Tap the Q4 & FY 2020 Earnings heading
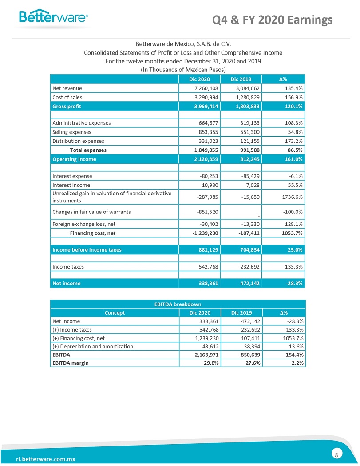[272, 20]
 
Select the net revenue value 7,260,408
[205, 88]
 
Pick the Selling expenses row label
[71, 132]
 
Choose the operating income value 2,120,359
[205, 159]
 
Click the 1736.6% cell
[291, 197]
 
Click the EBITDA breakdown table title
[178, 304]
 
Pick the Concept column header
[115, 313]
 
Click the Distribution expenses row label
[78, 141]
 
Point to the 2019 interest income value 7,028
[251, 185]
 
